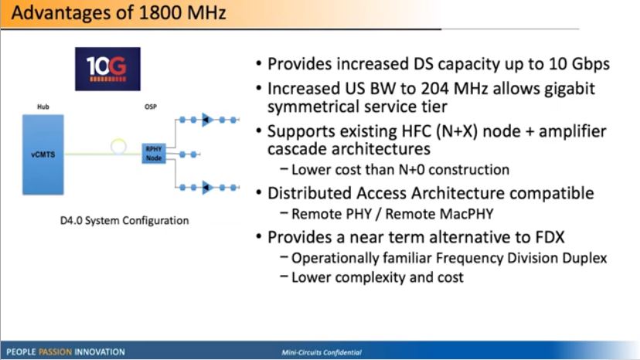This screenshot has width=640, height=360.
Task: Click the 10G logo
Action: (107, 69)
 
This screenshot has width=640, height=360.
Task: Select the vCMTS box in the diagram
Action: (43, 155)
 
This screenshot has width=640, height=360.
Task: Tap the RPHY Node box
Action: (154, 154)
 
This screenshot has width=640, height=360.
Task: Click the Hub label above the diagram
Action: (43, 107)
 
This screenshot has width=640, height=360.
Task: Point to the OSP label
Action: (151, 107)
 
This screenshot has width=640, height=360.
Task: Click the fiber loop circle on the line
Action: (118, 140)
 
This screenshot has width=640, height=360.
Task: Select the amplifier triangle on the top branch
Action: (207, 120)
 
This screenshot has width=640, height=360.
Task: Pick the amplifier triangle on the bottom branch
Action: (207, 188)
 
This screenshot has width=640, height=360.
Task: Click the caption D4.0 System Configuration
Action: (124, 221)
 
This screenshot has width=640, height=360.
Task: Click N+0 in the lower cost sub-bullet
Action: (410, 170)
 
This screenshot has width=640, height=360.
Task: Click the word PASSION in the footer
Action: (55, 352)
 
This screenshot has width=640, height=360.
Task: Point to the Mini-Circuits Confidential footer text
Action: (322, 352)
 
